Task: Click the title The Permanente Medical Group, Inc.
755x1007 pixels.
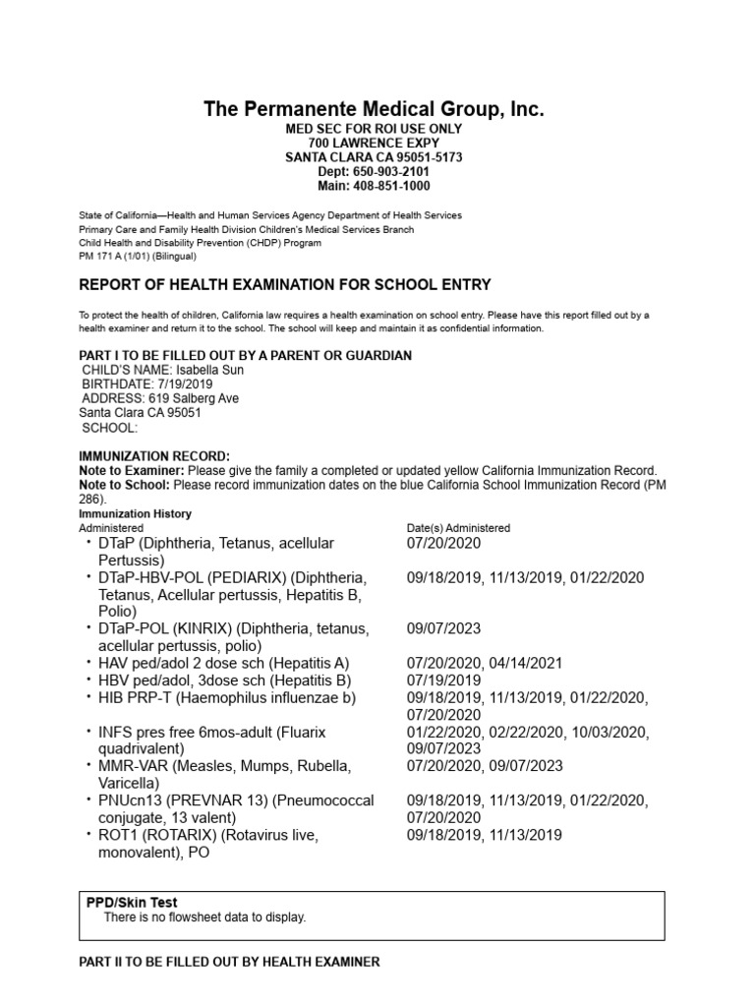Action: (x=373, y=109)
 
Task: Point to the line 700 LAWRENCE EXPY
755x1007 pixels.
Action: (x=373, y=143)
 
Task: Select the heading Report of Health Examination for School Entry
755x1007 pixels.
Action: (x=284, y=285)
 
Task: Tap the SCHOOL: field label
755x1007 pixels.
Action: (x=110, y=428)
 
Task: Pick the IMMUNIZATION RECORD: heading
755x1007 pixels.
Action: (x=153, y=456)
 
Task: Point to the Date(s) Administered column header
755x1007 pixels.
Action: (x=458, y=528)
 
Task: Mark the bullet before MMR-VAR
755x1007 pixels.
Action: (x=87, y=766)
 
